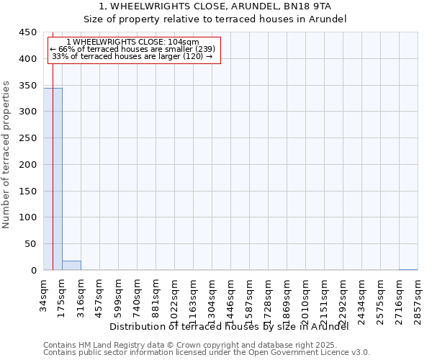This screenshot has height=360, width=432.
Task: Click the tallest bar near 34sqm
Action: (x=53, y=179)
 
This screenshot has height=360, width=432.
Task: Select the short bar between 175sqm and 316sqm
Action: (x=71, y=266)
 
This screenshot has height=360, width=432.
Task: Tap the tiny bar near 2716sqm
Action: (x=408, y=269)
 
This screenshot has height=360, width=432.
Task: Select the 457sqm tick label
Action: (x=99, y=299)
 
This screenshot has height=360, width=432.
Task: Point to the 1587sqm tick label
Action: (x=249, y=302)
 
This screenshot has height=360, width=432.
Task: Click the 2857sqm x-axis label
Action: (x=418, y=302)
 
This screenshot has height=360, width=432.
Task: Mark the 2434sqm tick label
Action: (x=361, y=302)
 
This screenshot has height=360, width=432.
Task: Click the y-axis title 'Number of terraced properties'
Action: (x=6, y=155)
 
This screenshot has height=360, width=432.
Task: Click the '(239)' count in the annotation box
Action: (x=200, y=49)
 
